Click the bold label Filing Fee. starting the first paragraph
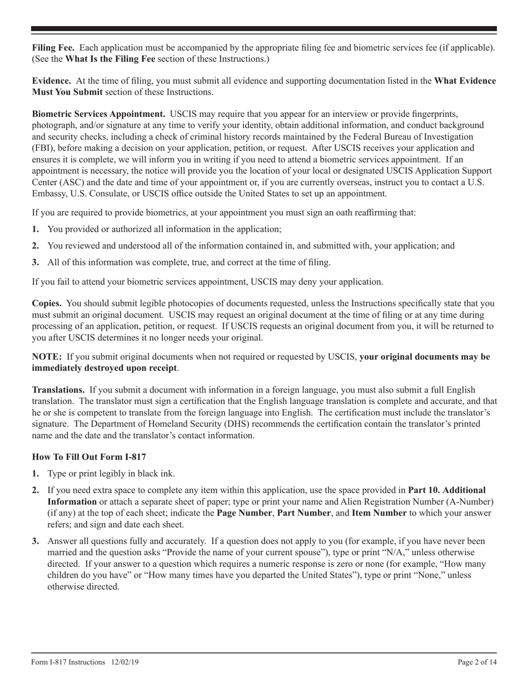click(x=53, y=48)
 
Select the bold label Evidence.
click(x=51, y=81)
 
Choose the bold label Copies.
click(x=47, y=304)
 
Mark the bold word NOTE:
click(x=47, y=357)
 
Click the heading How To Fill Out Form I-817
click(x=89, y=457)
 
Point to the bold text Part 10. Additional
click(x=446, y=490)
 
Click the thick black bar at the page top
click(x=264, y=28)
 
